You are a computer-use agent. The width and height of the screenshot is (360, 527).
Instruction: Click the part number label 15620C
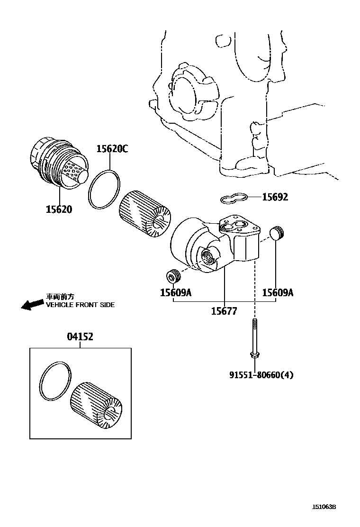tap(112, 149)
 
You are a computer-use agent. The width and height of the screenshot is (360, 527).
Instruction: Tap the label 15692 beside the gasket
tap(275, 197)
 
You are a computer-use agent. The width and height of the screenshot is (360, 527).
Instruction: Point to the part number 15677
tap(224, 311)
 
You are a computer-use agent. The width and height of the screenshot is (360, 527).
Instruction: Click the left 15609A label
tap(175, 293)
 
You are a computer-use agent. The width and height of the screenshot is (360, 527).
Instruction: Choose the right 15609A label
tap(278, 293)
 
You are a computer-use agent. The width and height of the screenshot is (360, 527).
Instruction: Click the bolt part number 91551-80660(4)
tap(261, 375)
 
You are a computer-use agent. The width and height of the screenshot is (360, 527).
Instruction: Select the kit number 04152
tap(80, 337)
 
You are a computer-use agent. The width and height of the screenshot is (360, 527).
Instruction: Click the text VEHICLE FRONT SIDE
tap(80, 305)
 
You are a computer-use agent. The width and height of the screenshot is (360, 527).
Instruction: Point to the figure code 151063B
tap(324, 507)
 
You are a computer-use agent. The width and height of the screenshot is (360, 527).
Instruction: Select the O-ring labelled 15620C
tap(105, 190)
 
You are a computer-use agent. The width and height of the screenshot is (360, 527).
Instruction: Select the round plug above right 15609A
tap(277, 233)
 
